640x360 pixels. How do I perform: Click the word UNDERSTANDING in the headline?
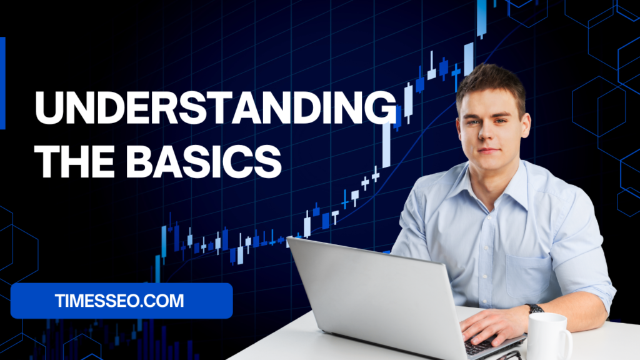click(216, 107)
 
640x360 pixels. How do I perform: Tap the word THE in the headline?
click(74, 161)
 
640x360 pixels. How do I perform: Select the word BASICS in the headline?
click(204, 161)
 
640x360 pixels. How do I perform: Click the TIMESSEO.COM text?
click(119, 301)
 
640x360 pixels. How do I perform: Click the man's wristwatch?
click(534, 309)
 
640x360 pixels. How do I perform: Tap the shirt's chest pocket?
click(529, 276)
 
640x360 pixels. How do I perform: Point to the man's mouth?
click(488, 151)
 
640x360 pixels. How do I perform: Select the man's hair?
click(492, 84)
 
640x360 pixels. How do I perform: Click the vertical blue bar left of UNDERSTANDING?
click(2, 83)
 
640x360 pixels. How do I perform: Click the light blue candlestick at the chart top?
click(482, 18)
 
